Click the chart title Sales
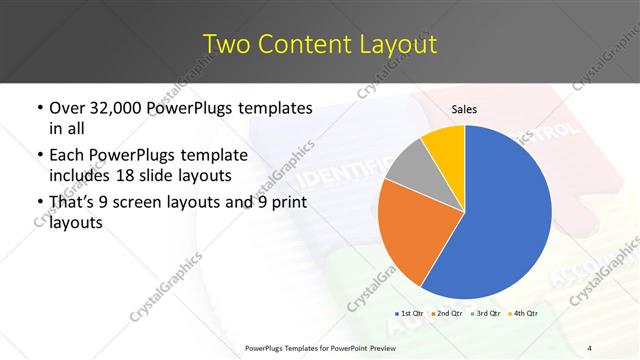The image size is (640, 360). [465, 109]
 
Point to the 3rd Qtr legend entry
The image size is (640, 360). [487, 314]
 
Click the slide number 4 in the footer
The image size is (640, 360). [590, 347]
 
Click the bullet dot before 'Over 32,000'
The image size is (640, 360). [38, 108]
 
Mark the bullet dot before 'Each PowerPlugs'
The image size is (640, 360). [38, 156]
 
